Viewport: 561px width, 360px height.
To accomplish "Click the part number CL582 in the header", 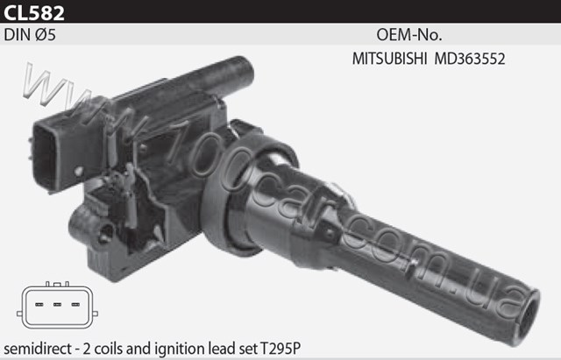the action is click(x=34, y=12).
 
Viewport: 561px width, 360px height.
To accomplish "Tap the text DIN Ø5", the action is click(x=30, y=35).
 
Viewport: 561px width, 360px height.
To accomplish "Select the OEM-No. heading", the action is click(x=409, y=35).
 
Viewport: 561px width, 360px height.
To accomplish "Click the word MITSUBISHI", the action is click(x=389, y=59).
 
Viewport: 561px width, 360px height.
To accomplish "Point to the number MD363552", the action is click(x=470, y=59).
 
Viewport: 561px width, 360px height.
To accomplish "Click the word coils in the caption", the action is click(x=107, y=349).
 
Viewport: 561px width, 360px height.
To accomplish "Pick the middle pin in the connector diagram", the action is click(x=57, y=305).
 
